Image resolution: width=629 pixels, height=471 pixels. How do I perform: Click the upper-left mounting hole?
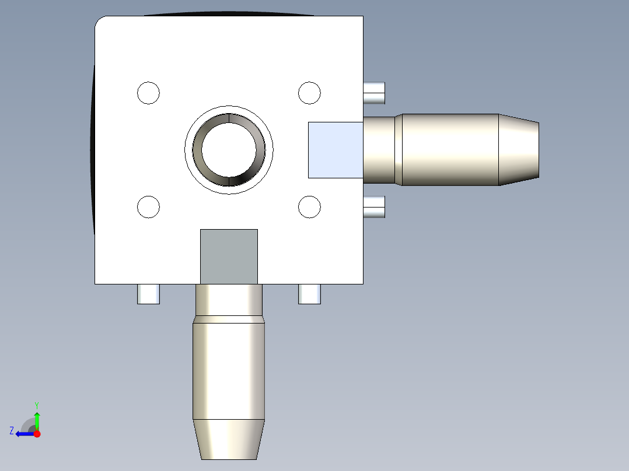148,93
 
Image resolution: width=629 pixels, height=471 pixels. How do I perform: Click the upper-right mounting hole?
309,93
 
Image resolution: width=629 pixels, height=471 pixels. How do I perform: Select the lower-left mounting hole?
148,207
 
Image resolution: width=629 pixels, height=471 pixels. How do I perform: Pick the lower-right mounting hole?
309,207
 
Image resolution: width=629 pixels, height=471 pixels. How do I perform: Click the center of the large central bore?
229,149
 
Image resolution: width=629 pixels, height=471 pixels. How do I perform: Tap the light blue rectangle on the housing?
335,150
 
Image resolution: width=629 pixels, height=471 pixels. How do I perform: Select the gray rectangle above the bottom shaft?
229,256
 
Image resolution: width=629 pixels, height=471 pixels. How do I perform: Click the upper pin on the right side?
374,93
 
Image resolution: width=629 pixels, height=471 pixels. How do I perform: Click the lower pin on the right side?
374,207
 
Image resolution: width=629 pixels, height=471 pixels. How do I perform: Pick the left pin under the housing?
148,294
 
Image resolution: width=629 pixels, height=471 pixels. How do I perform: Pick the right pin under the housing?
309,294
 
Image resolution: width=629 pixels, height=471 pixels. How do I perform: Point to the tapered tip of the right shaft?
519,150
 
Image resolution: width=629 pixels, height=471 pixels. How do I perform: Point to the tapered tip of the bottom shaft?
229,440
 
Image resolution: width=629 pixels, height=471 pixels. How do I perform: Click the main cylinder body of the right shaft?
449,150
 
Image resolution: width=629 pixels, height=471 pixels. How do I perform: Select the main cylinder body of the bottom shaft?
229,367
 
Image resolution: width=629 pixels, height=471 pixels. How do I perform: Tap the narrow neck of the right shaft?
379,150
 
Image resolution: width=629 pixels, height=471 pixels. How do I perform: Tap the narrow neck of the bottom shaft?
229,300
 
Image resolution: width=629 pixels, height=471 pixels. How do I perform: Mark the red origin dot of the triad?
37,434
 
